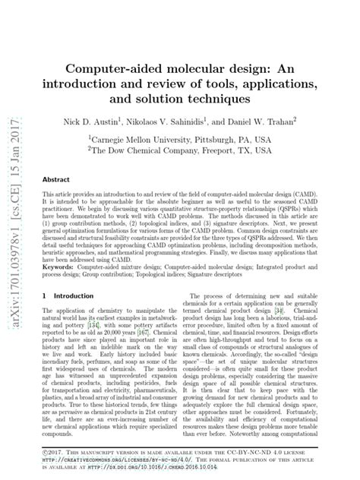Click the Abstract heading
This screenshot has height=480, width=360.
(55, 179)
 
